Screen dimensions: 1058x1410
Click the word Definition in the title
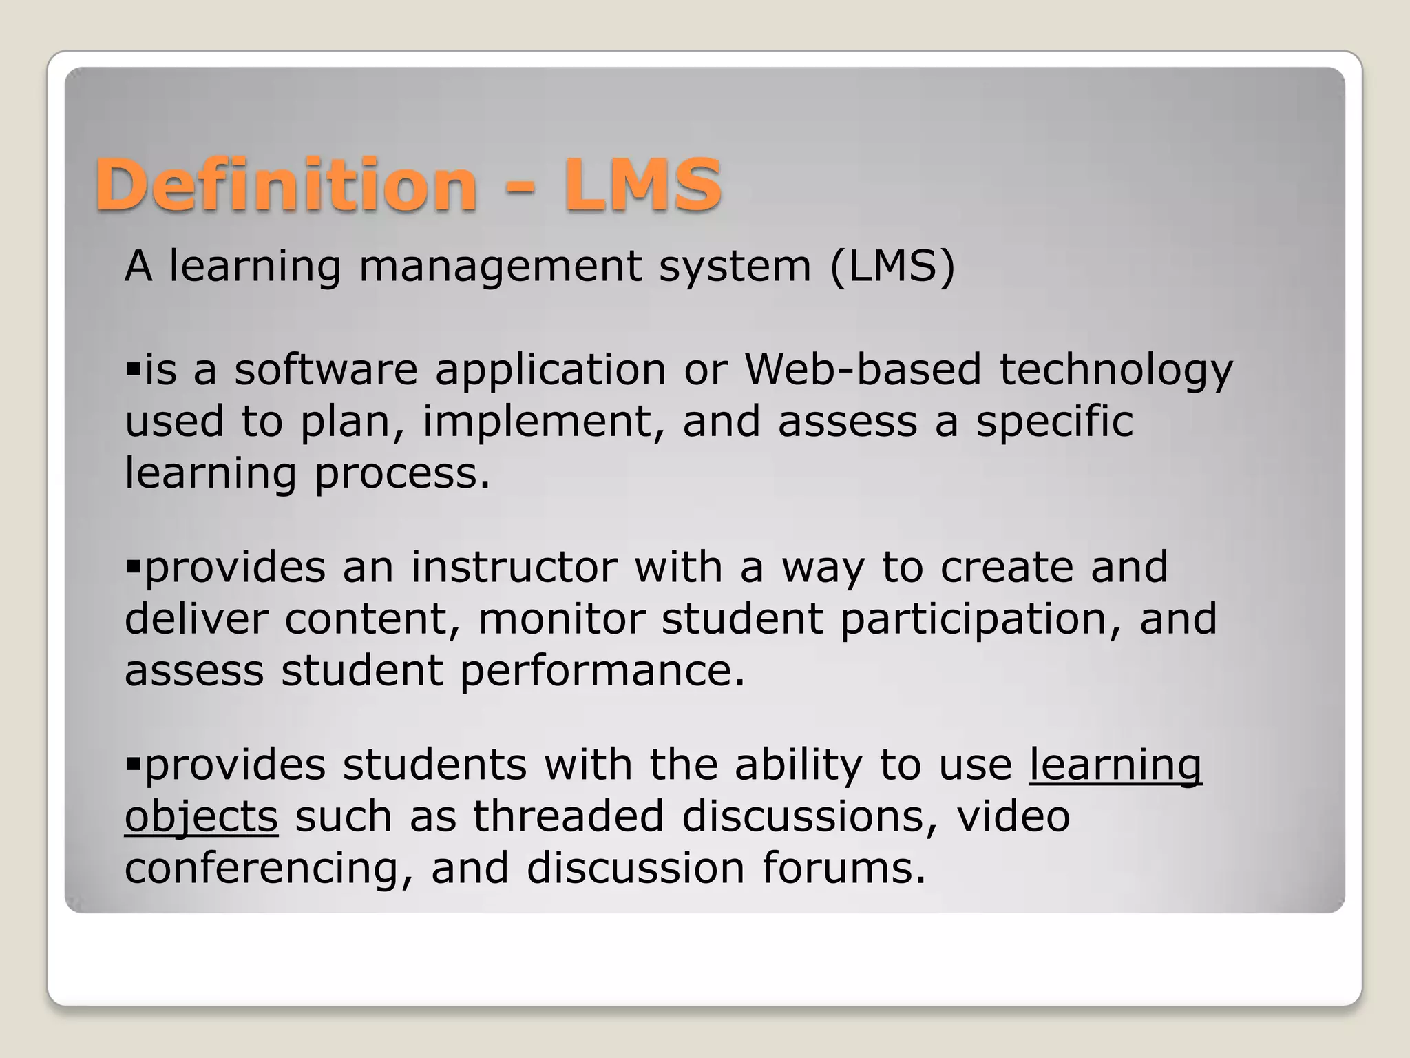pos(286,185)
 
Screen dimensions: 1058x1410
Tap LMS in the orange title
pos(642,185)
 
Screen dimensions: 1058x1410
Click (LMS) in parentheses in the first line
pos(892,266)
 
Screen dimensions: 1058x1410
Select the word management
pos(501,267)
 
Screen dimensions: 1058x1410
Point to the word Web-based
pos(863,369)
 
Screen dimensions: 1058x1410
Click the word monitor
pos(561,619)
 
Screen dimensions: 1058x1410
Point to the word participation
pos(973,620)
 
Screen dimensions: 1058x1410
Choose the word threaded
pos(568,816)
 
